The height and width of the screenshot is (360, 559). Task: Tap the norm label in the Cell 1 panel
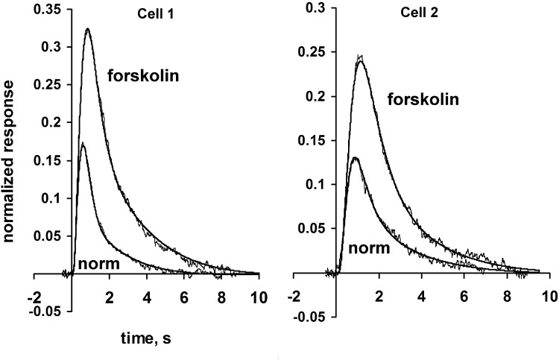tap(95, 262)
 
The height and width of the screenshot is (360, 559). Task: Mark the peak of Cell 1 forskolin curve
tap(88, 30)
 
